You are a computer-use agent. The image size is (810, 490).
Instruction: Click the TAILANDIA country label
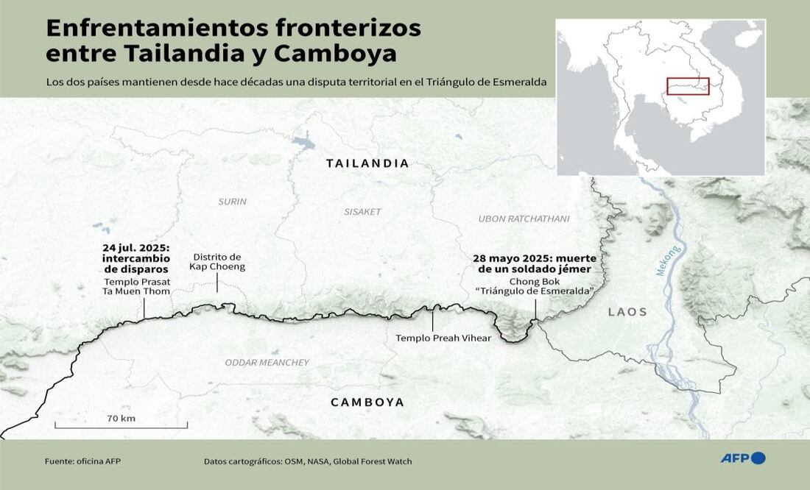(367, 163)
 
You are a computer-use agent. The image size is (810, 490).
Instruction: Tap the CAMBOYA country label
(367, 402)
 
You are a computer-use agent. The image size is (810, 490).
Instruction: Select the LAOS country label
(627, 312)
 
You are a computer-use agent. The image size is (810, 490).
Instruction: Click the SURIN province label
(232, 202)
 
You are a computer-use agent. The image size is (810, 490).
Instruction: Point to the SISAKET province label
(362, 212)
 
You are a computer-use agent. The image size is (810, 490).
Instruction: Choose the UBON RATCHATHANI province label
(524, 219)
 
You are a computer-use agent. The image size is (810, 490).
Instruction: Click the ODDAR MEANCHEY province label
(267, 363)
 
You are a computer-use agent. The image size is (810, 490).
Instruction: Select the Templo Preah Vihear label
(432, 338)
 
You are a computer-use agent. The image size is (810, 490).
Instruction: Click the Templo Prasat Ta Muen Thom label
(137, 287)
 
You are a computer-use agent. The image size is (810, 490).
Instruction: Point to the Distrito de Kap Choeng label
(217, 262)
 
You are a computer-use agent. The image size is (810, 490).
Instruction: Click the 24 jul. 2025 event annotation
(136, 258)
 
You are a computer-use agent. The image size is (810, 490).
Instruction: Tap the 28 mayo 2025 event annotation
(534, 264)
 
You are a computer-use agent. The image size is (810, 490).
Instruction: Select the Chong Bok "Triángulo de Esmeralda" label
(535, 286)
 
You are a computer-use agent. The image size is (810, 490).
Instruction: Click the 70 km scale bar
(121, 424)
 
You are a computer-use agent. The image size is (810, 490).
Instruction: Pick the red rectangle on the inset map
(688, 86)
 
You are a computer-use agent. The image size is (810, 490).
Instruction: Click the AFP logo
(742, 458)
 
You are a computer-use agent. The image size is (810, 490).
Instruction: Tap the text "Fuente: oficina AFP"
(82, 461)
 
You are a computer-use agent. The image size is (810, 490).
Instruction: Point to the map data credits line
(308, 461)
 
